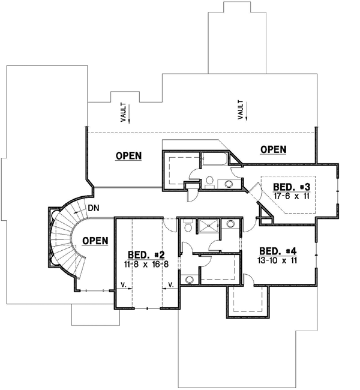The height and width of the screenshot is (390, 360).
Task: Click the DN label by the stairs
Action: click(x=93, y=208)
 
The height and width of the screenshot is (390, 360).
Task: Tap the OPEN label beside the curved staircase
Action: click(x=95, y=241)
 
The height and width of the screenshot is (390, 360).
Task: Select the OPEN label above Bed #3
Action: click(x=273, y=149)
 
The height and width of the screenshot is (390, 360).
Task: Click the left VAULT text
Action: click(x=122, y=114)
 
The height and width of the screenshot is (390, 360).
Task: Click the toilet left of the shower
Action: click(x=188, y=227)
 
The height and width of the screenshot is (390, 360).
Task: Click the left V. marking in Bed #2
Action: click(x=122, y=284)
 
